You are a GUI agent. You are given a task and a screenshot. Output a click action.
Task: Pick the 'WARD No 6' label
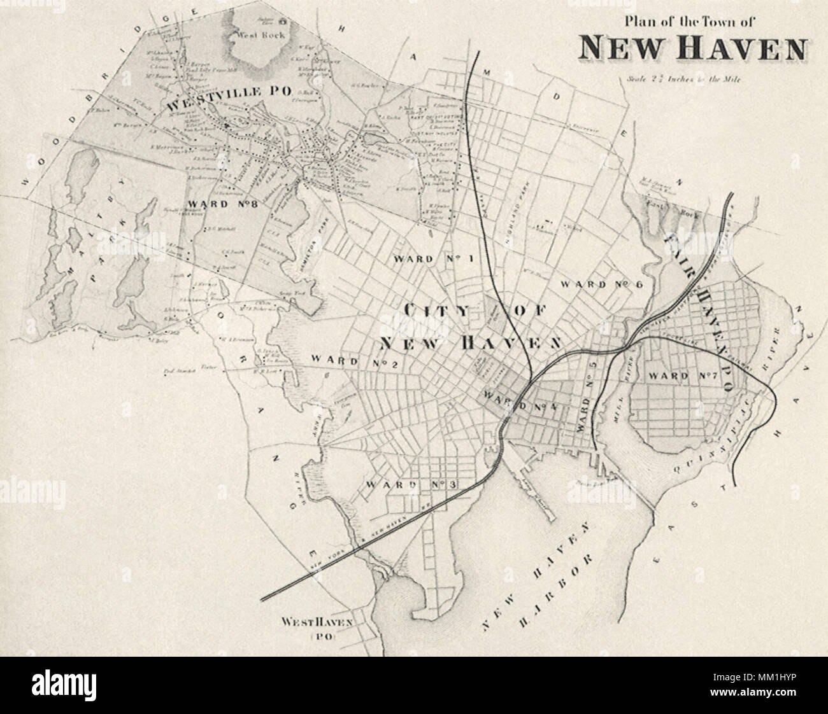point(599,284)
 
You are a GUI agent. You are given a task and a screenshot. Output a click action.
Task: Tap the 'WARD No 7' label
point(683,376)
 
